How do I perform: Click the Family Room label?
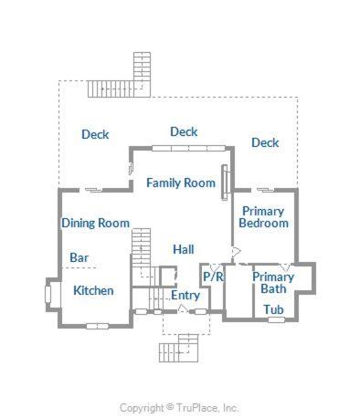pos(181,183)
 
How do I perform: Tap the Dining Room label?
pos(96,223)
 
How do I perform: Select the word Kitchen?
pos(93,290)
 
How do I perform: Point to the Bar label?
pos(79,257)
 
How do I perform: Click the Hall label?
pos(184,249)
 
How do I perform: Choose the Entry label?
pos(185,295)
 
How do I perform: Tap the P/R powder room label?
pos(213,277)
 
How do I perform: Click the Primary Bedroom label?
pos(263,217)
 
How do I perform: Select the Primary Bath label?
pos(273,283)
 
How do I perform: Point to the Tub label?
pos(273,309)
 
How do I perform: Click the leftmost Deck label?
pos(95,134)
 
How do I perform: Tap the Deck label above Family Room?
pos(184,131)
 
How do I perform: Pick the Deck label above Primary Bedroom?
pos(265,142)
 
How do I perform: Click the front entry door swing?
pos(183,308)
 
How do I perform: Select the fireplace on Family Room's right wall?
pos(225,183)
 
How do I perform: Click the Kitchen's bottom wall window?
pos(98,326)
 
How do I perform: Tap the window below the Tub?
pos(277,319)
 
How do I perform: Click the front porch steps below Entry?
pos(179,349)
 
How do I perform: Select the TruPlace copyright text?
pos(179,408)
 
